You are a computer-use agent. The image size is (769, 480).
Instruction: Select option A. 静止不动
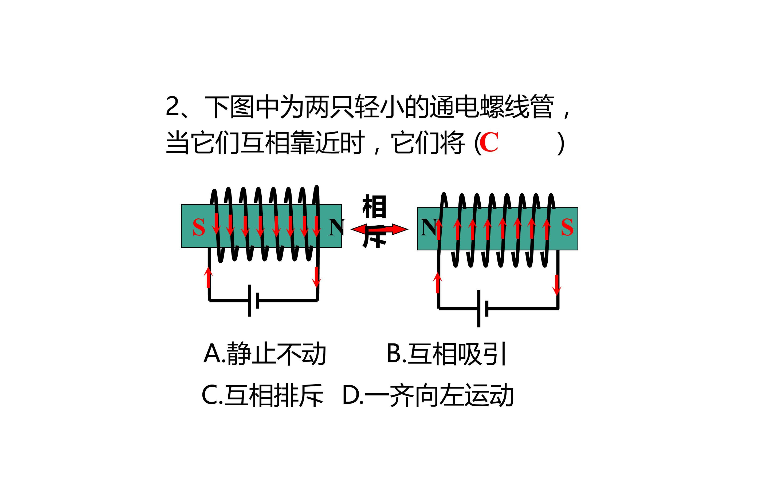coord(265,354)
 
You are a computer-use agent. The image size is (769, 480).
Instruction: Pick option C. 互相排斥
coord(262,395)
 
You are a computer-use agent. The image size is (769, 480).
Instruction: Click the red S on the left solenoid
coord(199,227)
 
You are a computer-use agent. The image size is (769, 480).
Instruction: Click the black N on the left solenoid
coord(336,227)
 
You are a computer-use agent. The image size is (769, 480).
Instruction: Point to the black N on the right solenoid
coord(428,227)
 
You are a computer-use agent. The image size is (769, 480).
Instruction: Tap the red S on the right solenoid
coord(567,227)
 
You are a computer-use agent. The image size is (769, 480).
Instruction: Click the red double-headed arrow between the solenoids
coord(379,229)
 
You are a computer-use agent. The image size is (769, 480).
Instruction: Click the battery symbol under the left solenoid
coord(253,300)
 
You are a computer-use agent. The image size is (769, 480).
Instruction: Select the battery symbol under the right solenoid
coord(482,308)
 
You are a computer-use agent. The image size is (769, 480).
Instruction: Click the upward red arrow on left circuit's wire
coord(208,277)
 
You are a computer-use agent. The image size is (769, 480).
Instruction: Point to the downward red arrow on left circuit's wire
coord(316,277)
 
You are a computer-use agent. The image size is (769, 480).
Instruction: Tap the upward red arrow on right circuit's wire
coord(438,283)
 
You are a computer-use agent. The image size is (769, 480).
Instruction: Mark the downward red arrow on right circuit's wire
coord(557,285)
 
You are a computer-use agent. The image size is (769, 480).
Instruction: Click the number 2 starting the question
coord(172,107)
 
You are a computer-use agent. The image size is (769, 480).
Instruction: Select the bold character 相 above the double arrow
coord(374,207)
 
